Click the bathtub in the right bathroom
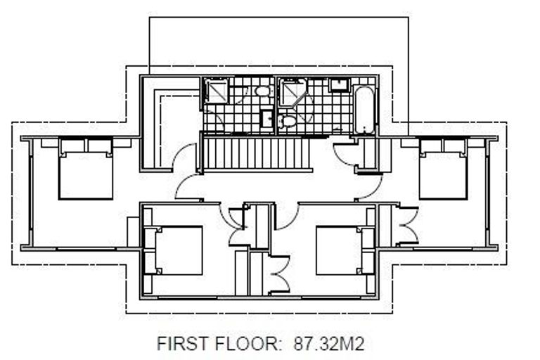click(364, 109)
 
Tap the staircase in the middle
click(257, 153)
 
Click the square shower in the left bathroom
click(215, 91)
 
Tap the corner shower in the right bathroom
click(292, 92)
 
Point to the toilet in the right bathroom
click(288, 122)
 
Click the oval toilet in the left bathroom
click(262, 91)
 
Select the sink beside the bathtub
click(340, 85)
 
